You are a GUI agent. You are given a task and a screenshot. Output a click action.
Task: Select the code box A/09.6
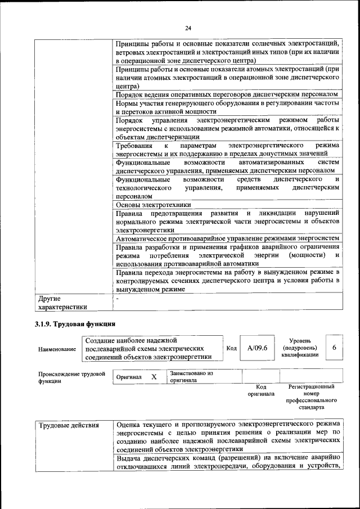(257, 348)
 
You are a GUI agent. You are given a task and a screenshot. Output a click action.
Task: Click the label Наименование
(57, 349)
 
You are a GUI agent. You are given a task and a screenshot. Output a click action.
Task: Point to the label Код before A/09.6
(231, 348)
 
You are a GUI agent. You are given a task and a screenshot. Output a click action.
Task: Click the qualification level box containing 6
(334, 348)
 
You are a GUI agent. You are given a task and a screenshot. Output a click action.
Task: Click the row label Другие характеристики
(62, 303)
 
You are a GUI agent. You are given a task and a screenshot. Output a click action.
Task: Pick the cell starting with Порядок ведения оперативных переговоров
(227, 94)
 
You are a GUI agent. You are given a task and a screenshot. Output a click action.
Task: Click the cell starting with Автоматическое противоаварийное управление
(228, 238)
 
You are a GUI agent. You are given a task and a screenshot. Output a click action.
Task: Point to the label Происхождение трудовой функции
(71, 376)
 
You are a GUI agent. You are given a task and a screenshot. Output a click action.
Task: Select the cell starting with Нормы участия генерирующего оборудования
(228, 107)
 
